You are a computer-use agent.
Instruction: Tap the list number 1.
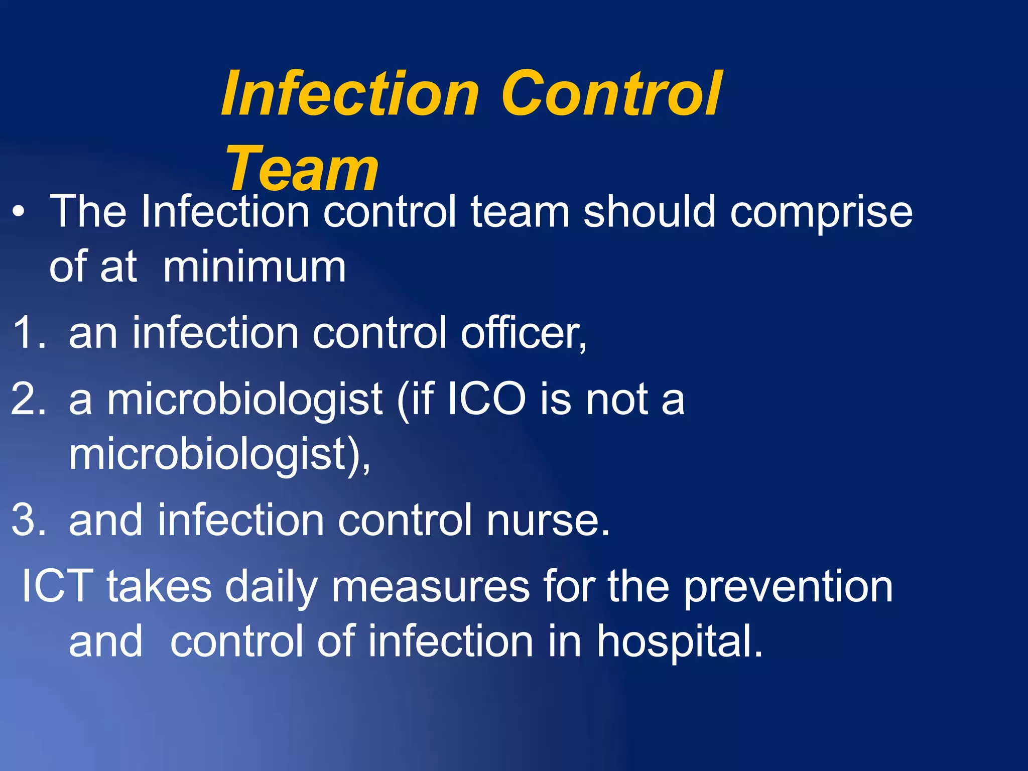[28, 333]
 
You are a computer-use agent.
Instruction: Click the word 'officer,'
[524, 334]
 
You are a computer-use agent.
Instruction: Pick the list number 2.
[28, 400]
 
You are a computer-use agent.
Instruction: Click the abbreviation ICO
[486, 400]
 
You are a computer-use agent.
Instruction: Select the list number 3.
[28, 520]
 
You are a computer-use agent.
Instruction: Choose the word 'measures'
[431, 587]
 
